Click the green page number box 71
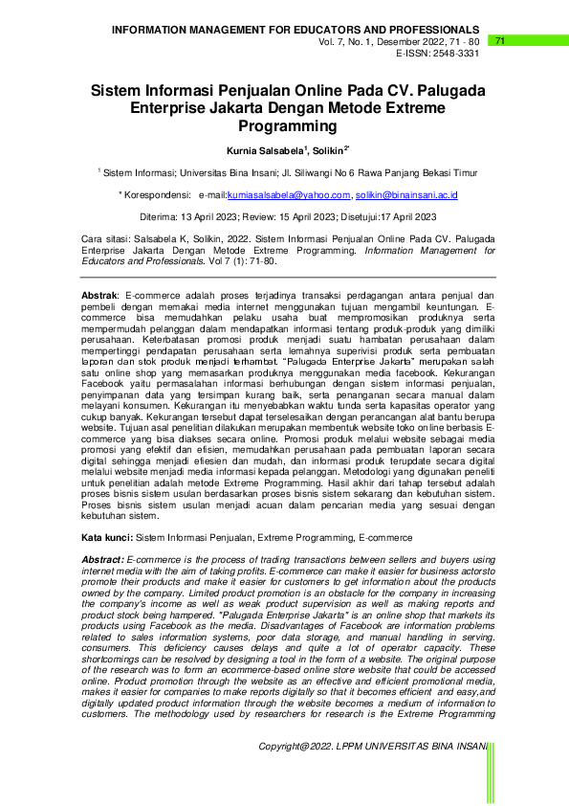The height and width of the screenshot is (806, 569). coord(500,41)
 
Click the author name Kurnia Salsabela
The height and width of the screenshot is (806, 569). coord(264,151)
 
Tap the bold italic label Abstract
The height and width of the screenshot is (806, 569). coord(102,559)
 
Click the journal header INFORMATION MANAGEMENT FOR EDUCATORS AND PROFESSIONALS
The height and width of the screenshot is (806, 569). coord(295,31)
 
